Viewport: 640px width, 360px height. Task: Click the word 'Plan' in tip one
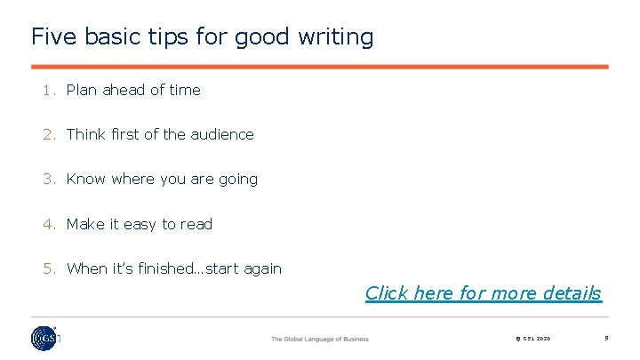point(83,90)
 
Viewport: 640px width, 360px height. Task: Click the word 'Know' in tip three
point(86,179)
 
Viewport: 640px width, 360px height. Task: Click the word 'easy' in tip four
point(140,224)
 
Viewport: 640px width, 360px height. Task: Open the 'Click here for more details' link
point(483,293)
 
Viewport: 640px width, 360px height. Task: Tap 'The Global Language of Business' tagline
point(320,339)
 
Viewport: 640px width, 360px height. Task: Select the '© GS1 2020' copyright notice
point(532,339)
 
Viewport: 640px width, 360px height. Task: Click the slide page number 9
point(605,338)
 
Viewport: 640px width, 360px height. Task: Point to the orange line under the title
point(320,67)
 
